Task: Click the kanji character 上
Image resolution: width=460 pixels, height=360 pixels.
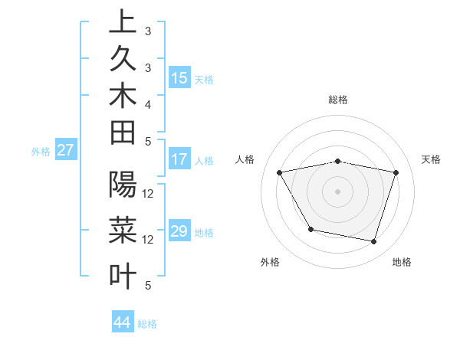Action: click(x=123, y=22)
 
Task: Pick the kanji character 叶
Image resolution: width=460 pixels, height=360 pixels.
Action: click(x=123, y=276)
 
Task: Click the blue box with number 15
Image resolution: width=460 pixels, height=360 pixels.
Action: click(x=179, y=78)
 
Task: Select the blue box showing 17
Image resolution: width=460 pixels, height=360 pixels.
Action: click(x=179, y=160)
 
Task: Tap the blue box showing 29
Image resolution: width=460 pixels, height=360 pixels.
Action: click(x=179, y=231)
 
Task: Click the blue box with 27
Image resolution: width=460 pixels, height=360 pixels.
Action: click(x=66, y=150)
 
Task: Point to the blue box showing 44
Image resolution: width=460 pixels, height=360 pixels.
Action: click(x=122, y=322)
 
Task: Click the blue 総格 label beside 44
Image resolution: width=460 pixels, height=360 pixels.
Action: click(x=147, y=324)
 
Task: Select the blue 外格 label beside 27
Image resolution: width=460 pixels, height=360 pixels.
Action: click(x=41, y=152)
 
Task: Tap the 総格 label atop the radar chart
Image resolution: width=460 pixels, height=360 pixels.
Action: click(x=338, y=100)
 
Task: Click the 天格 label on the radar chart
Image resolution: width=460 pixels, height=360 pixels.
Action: click(x=432, y=159)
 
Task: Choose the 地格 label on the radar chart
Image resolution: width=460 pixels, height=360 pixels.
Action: click(x=402, y=262)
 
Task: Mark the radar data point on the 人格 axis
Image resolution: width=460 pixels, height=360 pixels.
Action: click(x=280, y=173)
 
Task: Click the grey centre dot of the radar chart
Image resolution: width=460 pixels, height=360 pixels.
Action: click(x=338, y=191)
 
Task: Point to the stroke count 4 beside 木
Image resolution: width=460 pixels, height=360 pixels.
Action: click(x=148, y=103)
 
